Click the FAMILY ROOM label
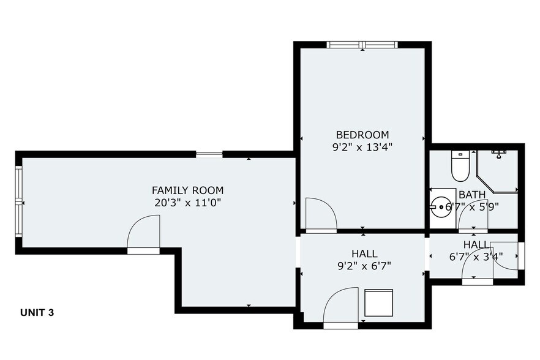[x=188, y=190]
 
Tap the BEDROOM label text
[x=362, y=134]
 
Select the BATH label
[x=472, y=195]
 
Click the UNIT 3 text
[x=37, y=313]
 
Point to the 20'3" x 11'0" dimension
[x=188, y=203]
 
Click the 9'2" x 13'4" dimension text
[x=362, y=148]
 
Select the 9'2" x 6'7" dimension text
[x=364, y=266]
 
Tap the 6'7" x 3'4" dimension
[x=476, y=257]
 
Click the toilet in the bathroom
[x=460, y=167]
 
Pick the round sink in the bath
[x=441, y=207]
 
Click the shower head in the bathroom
[x=498, y=154]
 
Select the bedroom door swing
[x=321, y=214]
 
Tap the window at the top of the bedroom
[x=362, y=45]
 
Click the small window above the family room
[x=209, y=154]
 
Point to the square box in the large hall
[x=378, y=303]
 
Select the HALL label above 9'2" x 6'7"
[x=364, y=254]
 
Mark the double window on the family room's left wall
[x=19, y=201]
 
